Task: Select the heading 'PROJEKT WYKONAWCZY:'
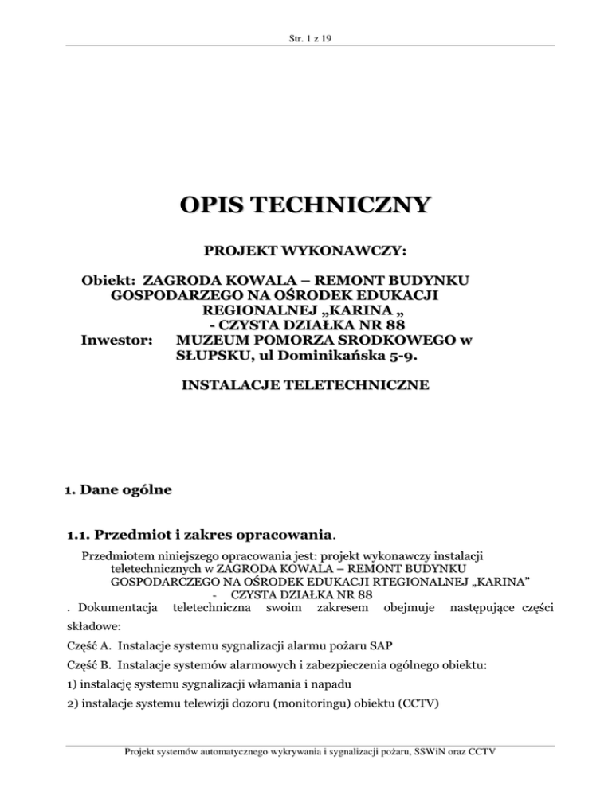click(x=306, y=251)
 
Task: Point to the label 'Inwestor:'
click(x=117, y=341)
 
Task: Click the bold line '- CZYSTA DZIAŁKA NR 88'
click(x=306, y=325)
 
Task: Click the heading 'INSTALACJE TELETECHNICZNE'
click(x=306, y=386)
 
